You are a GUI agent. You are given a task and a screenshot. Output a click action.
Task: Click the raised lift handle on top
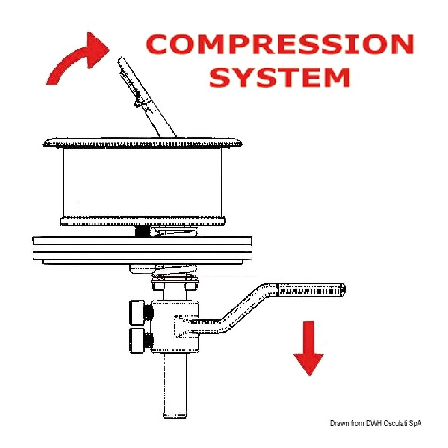pyautogui.click(x=146, y=97)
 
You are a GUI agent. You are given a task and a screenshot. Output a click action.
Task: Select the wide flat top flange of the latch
pyautogui.click(x=143, y=143)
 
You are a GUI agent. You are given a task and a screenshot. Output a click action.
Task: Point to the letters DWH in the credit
pyautogui.click(x=375, y=423)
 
